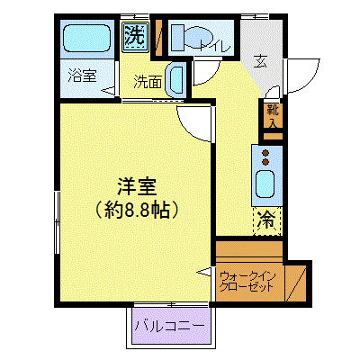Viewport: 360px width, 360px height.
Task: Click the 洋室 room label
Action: click(137, 188)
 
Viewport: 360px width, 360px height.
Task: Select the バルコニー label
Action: click(170, 325)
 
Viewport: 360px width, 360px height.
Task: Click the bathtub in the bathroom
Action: click(88, 40)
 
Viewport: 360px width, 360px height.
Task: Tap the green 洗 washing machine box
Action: click(134, 37)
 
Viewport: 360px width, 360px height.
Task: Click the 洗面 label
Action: click(148, 81)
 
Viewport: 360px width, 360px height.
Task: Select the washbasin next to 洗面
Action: click(177, 79)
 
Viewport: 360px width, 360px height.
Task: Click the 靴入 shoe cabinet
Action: click(272, 115)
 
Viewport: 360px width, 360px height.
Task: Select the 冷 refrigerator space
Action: click(268, 219)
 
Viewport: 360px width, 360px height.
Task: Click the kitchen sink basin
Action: click(266, 185)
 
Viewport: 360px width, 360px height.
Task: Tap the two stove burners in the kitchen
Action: click(266, 157)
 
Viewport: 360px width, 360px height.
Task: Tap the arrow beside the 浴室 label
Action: click(109, 88)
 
